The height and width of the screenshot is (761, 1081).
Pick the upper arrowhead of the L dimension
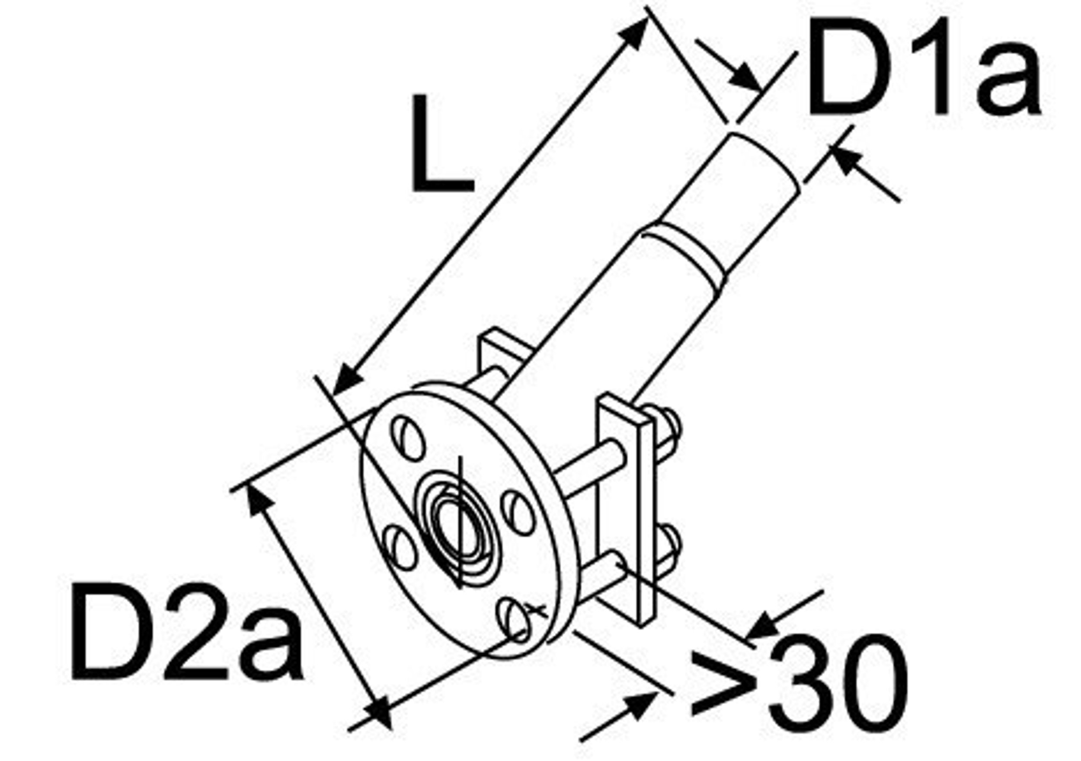633,33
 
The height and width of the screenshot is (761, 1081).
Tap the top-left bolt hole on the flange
408,438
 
